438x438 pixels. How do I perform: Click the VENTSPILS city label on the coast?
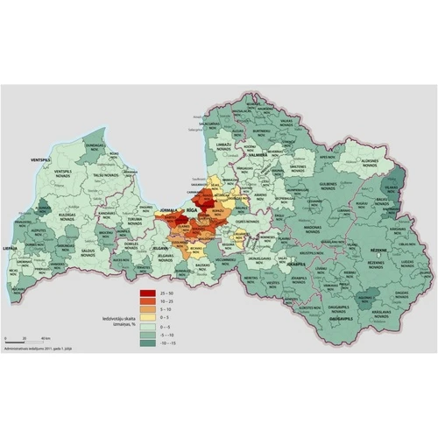coord(38,162)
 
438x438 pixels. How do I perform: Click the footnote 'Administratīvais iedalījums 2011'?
coord(34,348)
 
